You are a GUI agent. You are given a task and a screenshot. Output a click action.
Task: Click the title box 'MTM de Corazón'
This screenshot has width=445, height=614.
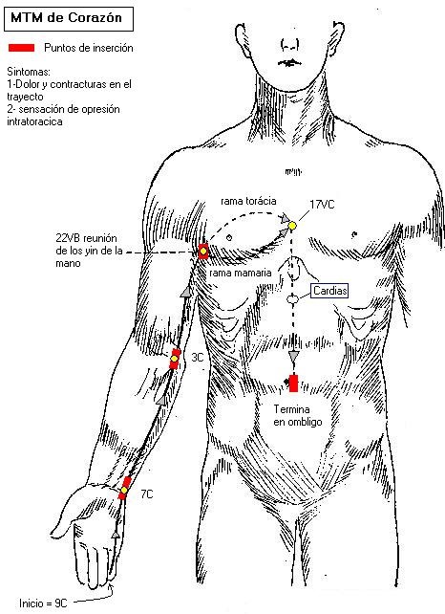tap(69, 18)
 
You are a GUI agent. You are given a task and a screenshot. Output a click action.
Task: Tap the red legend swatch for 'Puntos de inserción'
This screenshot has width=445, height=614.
tap(22, 48)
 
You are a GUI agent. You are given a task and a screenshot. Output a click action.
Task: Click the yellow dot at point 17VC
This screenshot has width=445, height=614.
tap(292, 226)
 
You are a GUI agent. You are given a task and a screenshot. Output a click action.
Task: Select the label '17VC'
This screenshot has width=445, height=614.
tap(322, 205)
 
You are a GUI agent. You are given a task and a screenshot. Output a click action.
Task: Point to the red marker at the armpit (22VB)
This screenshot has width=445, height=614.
tap(203, 252)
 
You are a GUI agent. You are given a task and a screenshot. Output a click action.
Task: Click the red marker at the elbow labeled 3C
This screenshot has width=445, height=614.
tap(175, 359)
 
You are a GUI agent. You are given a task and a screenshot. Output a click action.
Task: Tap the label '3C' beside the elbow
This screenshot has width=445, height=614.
tap(198, 358)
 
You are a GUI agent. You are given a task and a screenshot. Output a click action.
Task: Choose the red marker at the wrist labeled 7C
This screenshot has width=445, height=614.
tap(124, 489)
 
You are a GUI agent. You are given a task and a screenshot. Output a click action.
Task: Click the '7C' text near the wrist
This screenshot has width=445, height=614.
tap(147, 494)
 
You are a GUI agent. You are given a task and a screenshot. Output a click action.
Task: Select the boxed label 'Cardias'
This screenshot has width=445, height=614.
tap(329, 291)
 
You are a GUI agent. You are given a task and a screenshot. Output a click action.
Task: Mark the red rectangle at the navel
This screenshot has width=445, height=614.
tap(293, 384)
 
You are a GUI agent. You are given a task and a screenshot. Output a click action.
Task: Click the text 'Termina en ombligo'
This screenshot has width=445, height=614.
tap(298, 415)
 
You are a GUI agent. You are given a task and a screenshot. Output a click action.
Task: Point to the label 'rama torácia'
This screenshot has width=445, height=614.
tap(248, 201)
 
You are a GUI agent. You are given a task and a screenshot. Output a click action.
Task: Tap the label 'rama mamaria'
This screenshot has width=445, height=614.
tap(241, 273)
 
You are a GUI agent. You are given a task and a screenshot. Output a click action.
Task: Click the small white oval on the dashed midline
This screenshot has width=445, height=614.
tap(292, 299)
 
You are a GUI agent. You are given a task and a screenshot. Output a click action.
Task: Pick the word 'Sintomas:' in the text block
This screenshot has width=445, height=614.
tap(29, 72)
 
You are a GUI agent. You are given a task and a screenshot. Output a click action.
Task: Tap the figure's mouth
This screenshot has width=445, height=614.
tap(289, 62)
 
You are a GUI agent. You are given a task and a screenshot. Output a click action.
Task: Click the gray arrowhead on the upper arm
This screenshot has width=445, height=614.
tap(187, 292)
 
